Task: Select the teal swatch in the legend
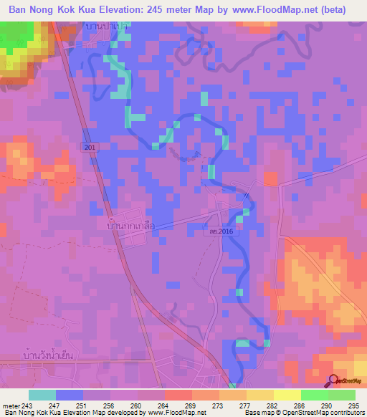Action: [42, 395]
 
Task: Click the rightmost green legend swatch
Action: [341, 395]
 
